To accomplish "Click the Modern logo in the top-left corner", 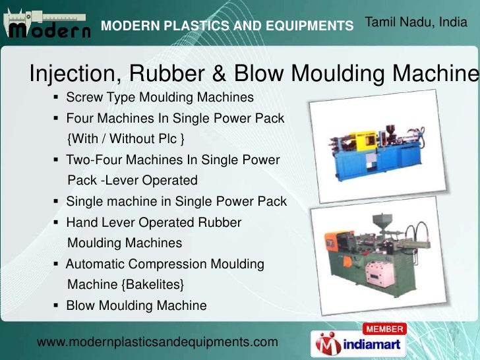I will tap(47, 26).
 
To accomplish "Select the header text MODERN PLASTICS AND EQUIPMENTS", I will tap(227, 26).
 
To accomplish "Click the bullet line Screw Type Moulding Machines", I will tap(160, 98).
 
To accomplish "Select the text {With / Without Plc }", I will tap(126, 139).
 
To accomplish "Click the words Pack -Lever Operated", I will tap(133, 180).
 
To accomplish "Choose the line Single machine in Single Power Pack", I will tap(176, 201).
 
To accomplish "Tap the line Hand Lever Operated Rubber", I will tap(154, 222).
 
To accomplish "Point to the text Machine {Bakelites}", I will tap(126, 285).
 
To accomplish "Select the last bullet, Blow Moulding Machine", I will tap(136, 306).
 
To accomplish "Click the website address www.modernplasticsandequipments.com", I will tap(158, 342).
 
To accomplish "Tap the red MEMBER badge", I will tap(384, 329).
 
